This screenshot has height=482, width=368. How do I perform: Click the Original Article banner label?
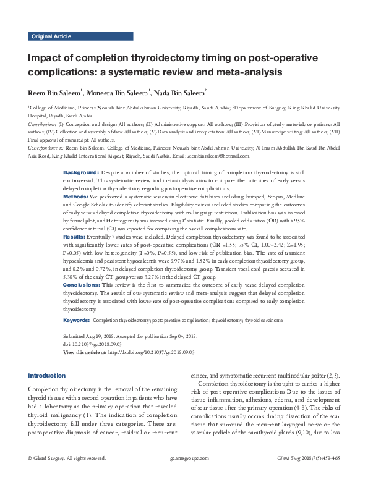pyautogui.click(x=51, y=37)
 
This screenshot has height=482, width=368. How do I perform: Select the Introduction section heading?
pyautogui.click(x=47, y=375)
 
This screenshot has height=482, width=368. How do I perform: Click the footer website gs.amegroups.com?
pyautogui.click(x=187, y=475)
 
